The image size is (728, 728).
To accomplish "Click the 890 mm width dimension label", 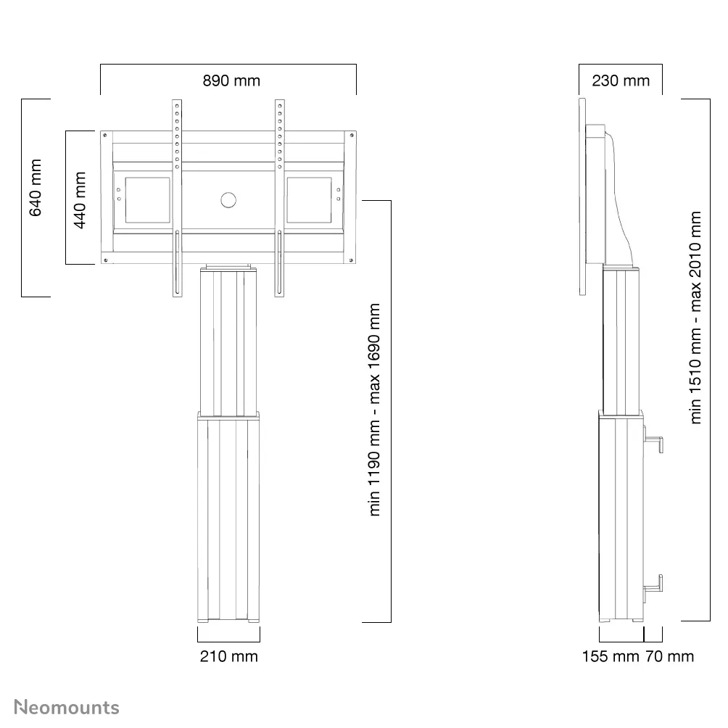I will point(231,80).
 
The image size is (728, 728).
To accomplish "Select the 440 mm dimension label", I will point(80,200).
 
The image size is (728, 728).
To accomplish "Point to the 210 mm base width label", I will point(228,656).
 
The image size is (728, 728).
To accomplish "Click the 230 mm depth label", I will point(621,80).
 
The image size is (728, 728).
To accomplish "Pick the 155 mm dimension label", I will point(611,656).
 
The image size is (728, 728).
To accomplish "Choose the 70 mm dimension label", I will point(669,656).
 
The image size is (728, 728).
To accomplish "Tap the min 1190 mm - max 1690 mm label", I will point(375,410).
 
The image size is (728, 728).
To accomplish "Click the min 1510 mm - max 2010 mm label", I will point(696,318).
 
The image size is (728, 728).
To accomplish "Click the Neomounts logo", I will point(67,707).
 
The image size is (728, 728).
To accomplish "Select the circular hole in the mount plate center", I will point(228,200).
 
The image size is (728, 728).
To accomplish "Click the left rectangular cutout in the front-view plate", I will point(147,200).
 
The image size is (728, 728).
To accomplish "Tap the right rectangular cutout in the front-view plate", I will point(310,200).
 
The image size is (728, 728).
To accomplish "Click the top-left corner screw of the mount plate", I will point(106,136).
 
